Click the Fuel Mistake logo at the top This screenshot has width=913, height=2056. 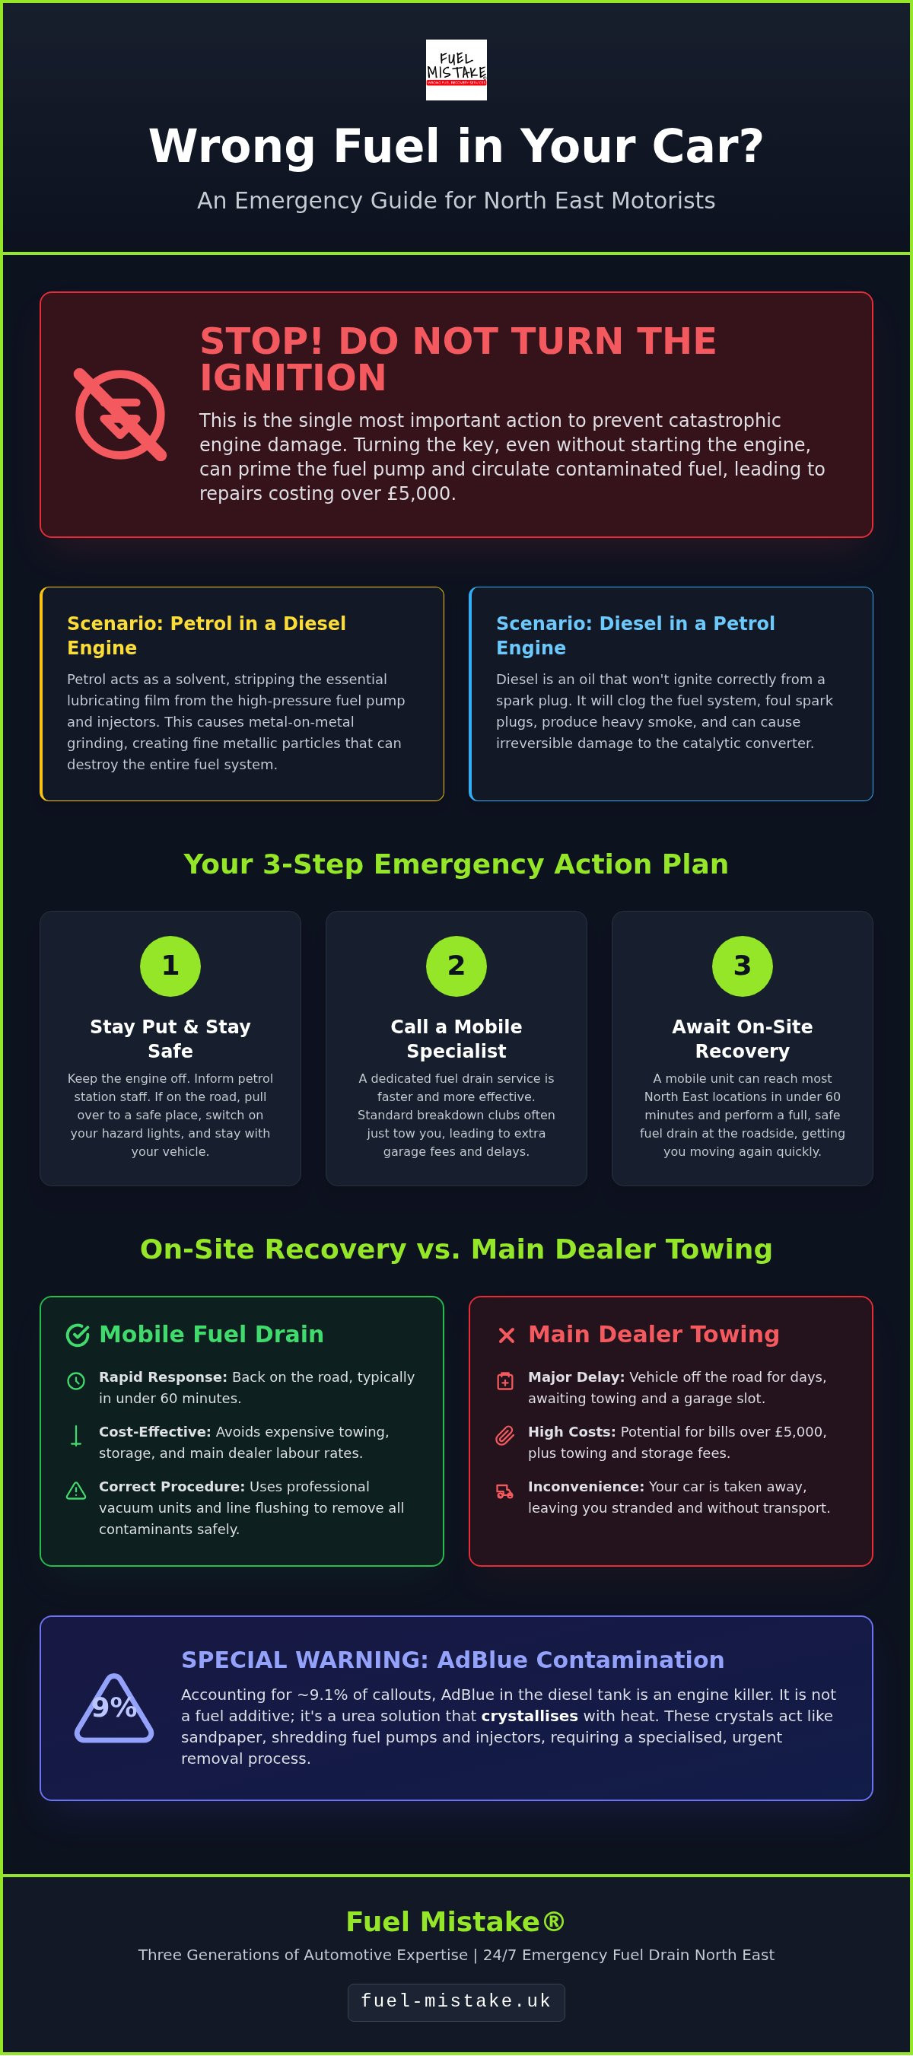pyautogui.click(x=456, y=69)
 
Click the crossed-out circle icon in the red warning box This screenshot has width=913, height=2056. pyautogui.click(x=120, y=414)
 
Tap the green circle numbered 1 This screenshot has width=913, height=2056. pyautogui.click(x=170, y=966)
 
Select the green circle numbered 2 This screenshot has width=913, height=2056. pyautogui.click(x=456, y=966)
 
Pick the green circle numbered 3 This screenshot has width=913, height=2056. pyautogui.click(x=743, y=966)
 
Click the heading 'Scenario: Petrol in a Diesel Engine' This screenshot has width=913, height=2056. pyautogui.click(x=207, y=635)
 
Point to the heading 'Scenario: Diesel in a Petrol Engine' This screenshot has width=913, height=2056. pyautogui.click(x=635, y=635)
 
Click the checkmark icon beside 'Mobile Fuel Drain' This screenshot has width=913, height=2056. pyautogui.click(x=78, y=1335)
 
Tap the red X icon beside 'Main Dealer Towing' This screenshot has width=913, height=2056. pyautogui.click(x=506, y=1335)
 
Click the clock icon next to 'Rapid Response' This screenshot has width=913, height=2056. pyautogui.click(x=76, y=1381)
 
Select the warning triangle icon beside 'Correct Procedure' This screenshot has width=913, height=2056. pyautogui.click(x=76, y=1490)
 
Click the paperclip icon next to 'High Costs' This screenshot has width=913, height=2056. pyautogui.click(x=505, y=1436)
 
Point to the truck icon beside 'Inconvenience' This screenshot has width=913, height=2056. pyautogui.click(x=505, y=1491)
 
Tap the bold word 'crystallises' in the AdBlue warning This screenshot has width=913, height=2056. pyautogui.click(x=529, y=1715)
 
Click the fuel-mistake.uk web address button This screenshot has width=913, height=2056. pyautogui.click(x=456, y=2002)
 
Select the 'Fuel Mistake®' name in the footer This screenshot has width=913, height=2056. pyautogui.click(x=456, y=1921)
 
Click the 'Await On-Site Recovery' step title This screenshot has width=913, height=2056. pyautogui.click(x=743, y=1039)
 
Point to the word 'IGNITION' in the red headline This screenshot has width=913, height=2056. pyautogui.click(x=293, y=377)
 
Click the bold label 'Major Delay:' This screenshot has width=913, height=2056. pyautogui.click(x=576, y=1377)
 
